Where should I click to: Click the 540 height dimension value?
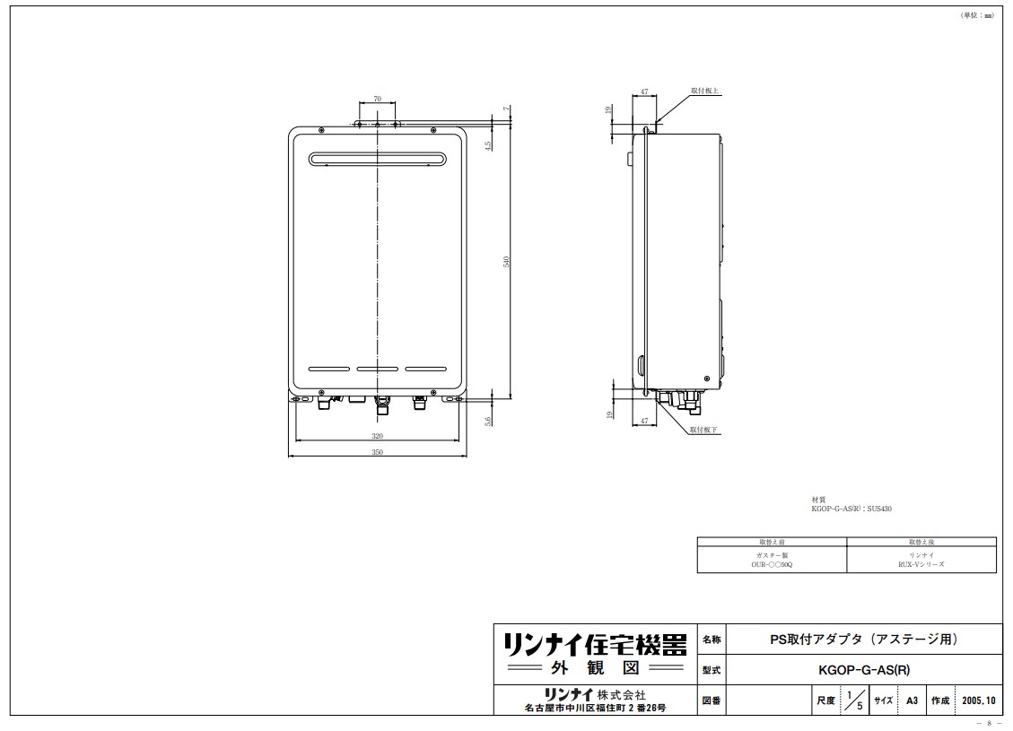point(507,261)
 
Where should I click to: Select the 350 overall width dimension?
point(377,453)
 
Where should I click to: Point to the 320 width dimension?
point(377,436)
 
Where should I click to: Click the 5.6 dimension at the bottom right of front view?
point(488,422)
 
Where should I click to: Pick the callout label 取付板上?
point(704,91)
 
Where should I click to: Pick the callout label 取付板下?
point(704,431)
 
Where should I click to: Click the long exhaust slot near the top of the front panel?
point(377,160)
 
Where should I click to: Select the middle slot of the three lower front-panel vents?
point(377,369)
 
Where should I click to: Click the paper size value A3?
point(912,700)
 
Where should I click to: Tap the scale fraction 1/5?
point(853,700)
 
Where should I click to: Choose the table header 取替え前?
point(772,543)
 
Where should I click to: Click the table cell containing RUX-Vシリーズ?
point(921,561)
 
